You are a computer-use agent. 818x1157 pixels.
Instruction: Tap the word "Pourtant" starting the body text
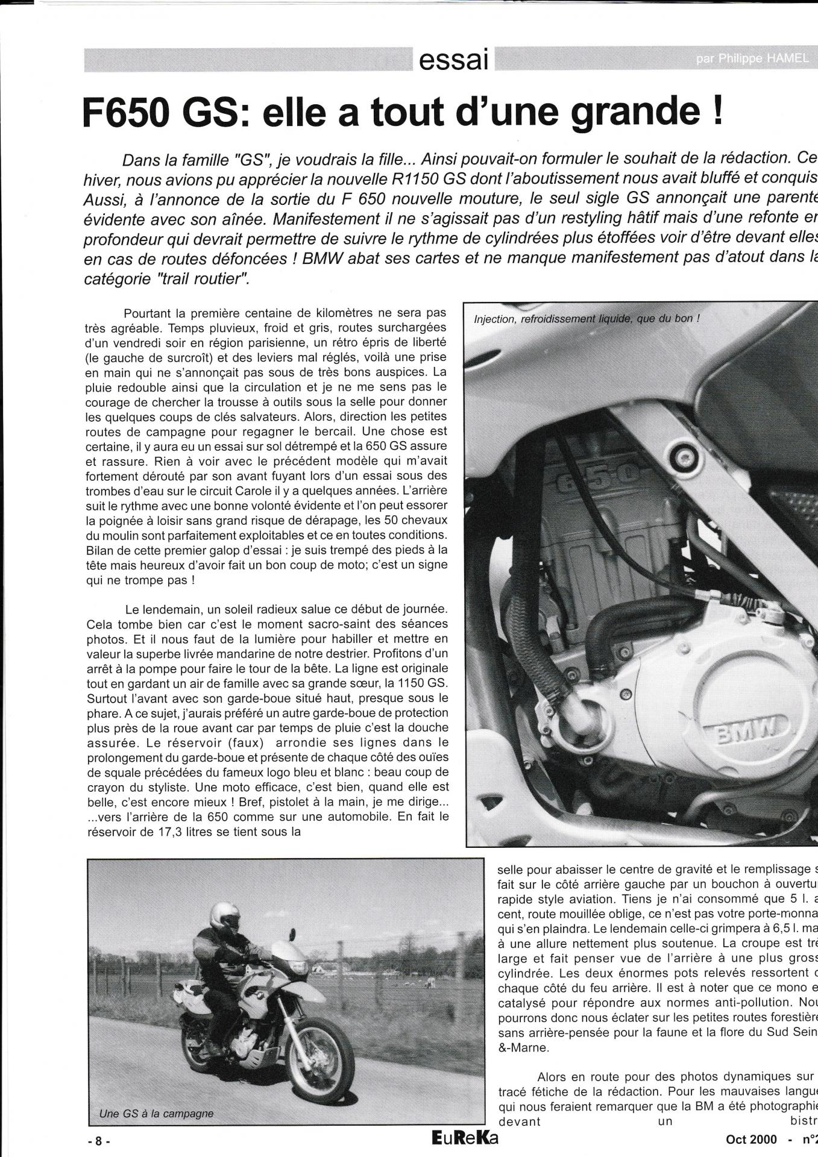144,313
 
